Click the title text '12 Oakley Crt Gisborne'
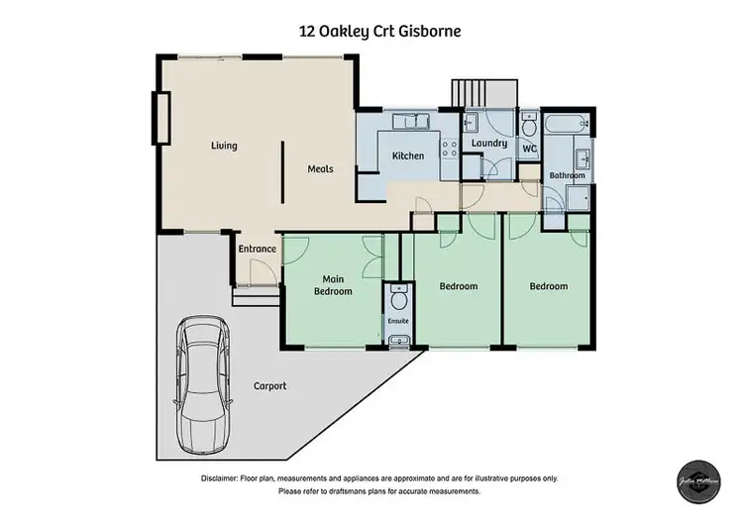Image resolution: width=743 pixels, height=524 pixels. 379,31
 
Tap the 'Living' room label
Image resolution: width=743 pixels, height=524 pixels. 224,146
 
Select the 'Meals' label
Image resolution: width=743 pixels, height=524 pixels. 320,168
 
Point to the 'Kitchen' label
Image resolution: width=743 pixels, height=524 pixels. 408,156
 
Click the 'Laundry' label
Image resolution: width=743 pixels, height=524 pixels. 489,144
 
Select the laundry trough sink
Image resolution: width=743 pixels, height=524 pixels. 472,123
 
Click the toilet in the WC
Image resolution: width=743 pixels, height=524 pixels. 529,126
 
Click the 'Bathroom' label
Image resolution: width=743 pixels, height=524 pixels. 568,175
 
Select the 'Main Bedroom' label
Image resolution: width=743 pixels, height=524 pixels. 333,285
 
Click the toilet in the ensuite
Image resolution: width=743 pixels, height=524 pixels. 398,298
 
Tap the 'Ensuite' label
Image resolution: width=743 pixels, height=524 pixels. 398,321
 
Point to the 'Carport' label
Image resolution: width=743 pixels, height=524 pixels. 269,386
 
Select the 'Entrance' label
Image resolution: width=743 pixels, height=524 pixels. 257,249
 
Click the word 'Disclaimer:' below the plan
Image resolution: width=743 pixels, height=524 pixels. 227,477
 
